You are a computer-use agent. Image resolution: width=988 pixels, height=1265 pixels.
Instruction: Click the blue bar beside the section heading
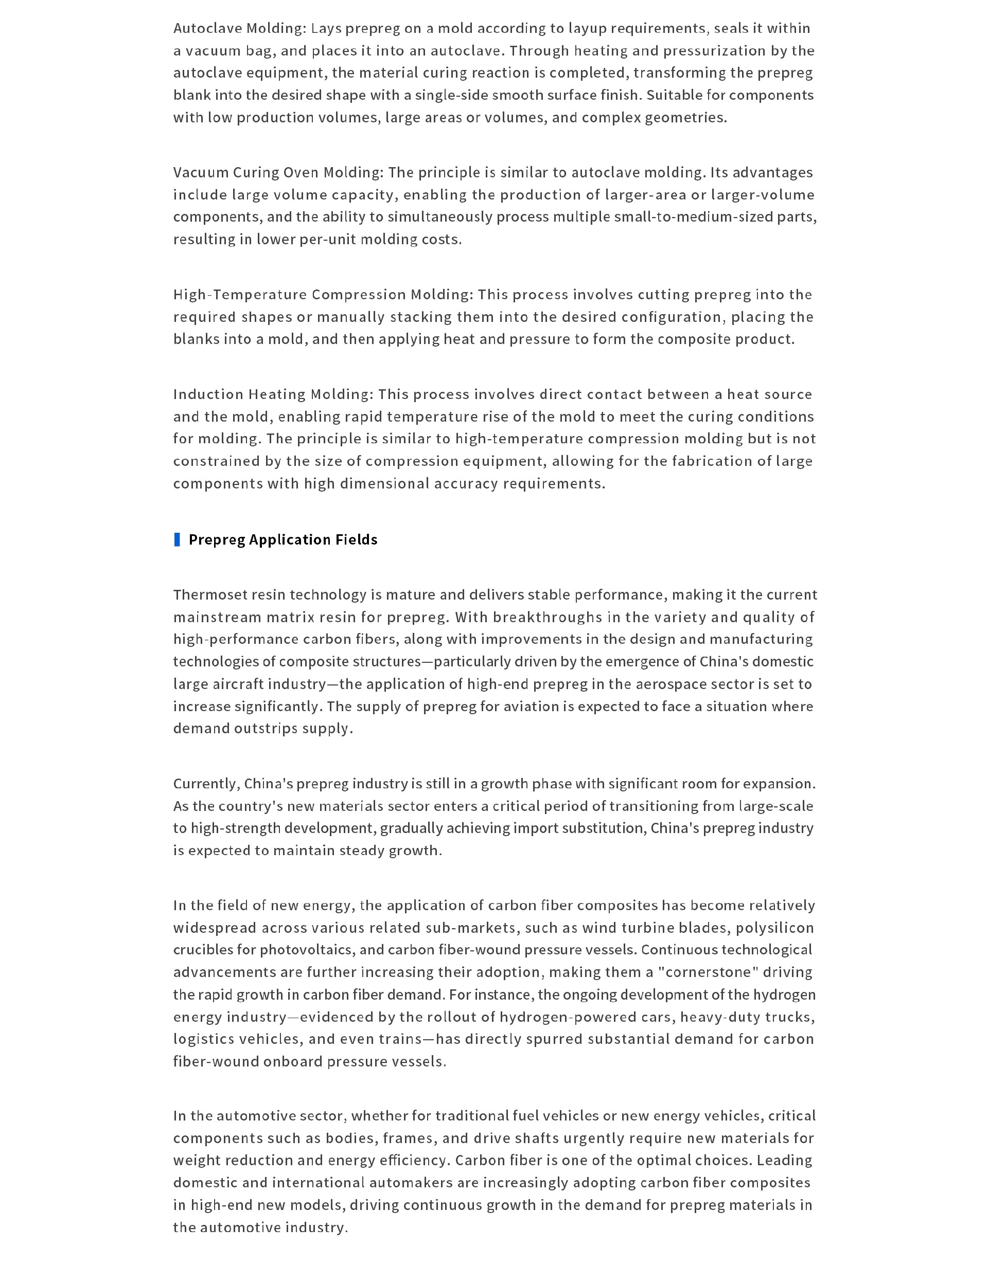coord(178,539)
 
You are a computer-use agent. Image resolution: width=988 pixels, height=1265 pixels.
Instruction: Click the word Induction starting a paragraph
coord(208,394)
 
